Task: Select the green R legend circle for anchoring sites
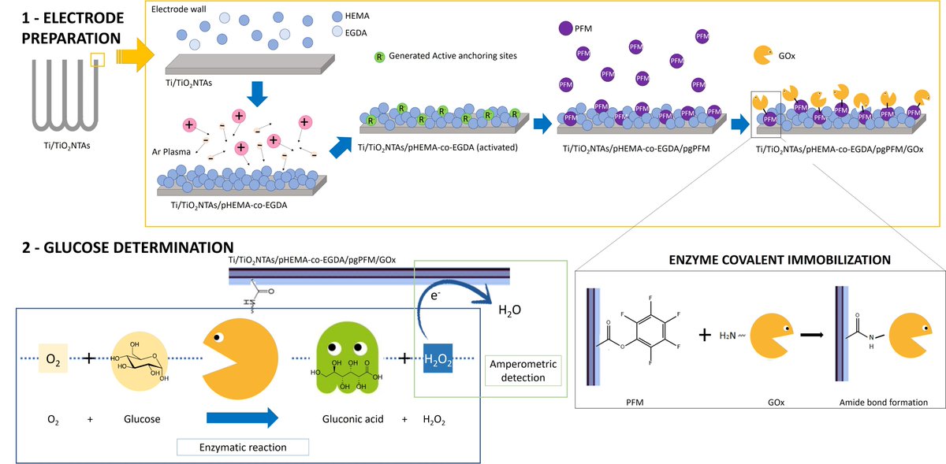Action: pos(379,57)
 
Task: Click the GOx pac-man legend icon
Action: pos(763,55)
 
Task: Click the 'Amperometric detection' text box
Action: pos(524,370)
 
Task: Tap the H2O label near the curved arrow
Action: pos(511,310)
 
